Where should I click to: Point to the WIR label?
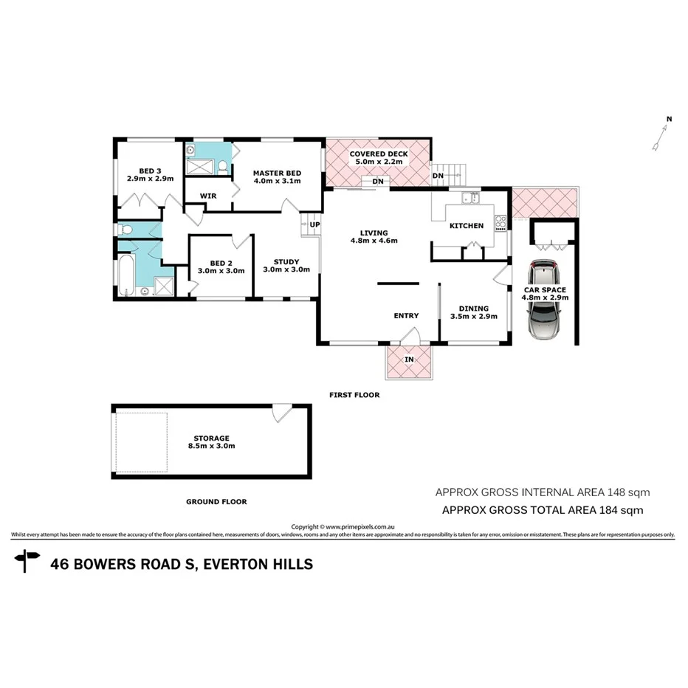tap(209, 196)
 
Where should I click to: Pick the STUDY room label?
tap(286, 261)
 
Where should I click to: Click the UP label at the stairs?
tap(314, 224)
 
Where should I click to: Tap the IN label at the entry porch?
tap(408, 360)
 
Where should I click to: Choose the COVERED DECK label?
tap(379, 154)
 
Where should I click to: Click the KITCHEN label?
tap(467, 226)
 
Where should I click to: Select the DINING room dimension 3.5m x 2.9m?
tap(473, 317)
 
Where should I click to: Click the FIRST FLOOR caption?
tap(354, 395)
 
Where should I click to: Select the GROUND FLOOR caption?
tap(216, 501)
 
